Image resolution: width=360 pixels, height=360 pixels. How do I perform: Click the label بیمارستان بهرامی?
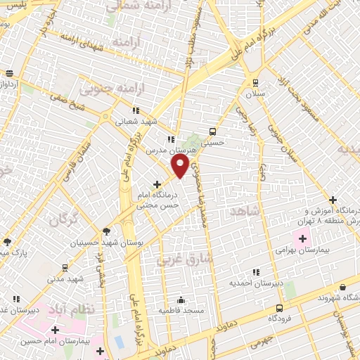(x=303, y=250)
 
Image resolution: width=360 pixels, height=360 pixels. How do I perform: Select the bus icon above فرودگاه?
(x=279, y=308)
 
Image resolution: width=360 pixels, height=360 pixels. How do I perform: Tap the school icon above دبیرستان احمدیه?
(x=256, y=272)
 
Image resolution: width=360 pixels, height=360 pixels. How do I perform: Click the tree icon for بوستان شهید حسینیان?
(x=105, y=231)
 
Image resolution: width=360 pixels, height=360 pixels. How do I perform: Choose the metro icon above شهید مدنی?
(x=65, y=268)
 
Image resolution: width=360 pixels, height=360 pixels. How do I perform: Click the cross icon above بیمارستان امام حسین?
(x=55, y=329)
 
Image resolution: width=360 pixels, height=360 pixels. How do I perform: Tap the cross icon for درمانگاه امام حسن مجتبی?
(x=166, y=184)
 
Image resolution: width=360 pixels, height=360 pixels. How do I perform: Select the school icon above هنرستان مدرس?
(x=170, y=139)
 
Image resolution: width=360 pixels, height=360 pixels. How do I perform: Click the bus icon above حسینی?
(x=213, y=131)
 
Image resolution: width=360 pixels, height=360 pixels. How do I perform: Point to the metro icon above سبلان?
(x=254, y=82)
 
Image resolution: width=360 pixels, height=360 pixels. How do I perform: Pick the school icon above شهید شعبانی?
(x=136, y=110)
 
